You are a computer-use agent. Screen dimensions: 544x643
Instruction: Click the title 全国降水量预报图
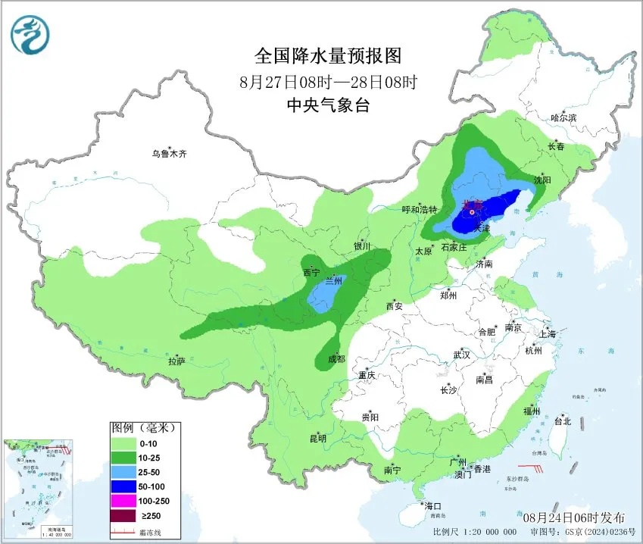click(327, 56)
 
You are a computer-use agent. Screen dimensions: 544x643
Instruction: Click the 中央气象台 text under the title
click(327, 106)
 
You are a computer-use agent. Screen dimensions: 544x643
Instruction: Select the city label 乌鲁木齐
click(168, 153)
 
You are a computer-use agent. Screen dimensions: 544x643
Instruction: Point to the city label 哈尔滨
click(563, 117)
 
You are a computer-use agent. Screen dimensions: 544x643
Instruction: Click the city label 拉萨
click(176, 361)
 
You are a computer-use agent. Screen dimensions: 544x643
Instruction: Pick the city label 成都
click(336, 358)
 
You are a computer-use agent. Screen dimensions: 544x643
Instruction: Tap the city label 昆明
click(317, 438)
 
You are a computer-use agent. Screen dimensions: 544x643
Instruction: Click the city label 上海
click(547, 333)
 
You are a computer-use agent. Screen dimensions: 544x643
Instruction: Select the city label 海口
click(432, 505)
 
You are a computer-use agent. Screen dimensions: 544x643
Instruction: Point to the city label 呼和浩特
click(419, 209)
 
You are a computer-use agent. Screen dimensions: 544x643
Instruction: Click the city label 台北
click(563, 421)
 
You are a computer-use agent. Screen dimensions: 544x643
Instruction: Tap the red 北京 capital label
click(472, 204)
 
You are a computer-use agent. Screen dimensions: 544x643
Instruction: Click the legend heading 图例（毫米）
click(143, 428)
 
